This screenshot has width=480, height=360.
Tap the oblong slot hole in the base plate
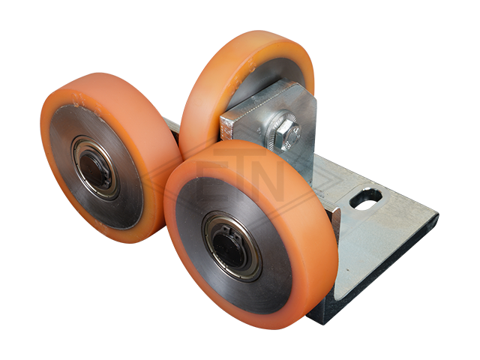(366, 199)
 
